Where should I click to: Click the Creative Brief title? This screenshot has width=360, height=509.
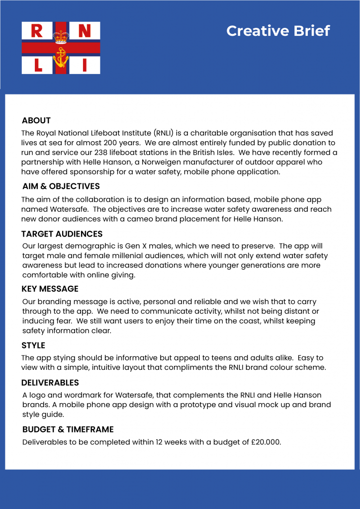pyautogui.click(x=278, y=31)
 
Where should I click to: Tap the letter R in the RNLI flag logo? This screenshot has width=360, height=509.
pyautogui.click(x=37, y=31)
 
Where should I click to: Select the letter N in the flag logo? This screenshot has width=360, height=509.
pyautogui.click(x=85, y=31)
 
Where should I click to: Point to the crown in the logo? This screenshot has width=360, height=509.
pyautogui.click(x=61, y=35)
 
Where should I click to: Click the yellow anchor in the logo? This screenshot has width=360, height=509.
pyautogui.click(x=61, y=58)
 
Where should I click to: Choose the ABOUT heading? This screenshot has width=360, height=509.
pyautogui.click(x=36, y=121)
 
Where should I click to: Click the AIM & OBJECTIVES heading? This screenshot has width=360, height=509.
pyautogui.click(x=61, y=186)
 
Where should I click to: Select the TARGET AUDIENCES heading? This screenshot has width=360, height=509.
pyautogui.click(x=62, y=234)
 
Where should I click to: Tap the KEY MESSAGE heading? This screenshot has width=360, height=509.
pyautogui.click(x=50, y=289)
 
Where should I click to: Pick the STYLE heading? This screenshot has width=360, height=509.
pyautogui.click(x=33, y=345)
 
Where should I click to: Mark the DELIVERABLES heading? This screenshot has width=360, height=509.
pyautogui.click(x=50, y=383)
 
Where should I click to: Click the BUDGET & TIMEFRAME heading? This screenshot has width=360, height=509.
pyautogui.click(x=68, y=429)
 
